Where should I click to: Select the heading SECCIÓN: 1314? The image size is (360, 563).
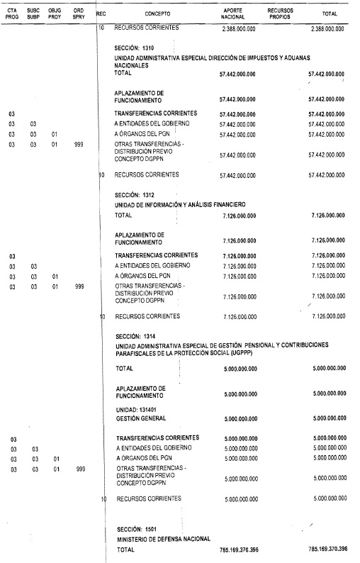136,335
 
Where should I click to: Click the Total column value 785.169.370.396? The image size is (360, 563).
328,550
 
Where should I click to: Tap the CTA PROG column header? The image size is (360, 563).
11,13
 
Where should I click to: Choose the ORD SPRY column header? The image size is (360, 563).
79,13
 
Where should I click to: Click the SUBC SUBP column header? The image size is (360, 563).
33,13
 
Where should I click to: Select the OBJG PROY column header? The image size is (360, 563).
55,13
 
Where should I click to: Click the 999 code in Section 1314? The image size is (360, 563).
80,469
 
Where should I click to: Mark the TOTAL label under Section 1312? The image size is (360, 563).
123,214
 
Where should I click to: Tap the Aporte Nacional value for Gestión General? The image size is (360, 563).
238,418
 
